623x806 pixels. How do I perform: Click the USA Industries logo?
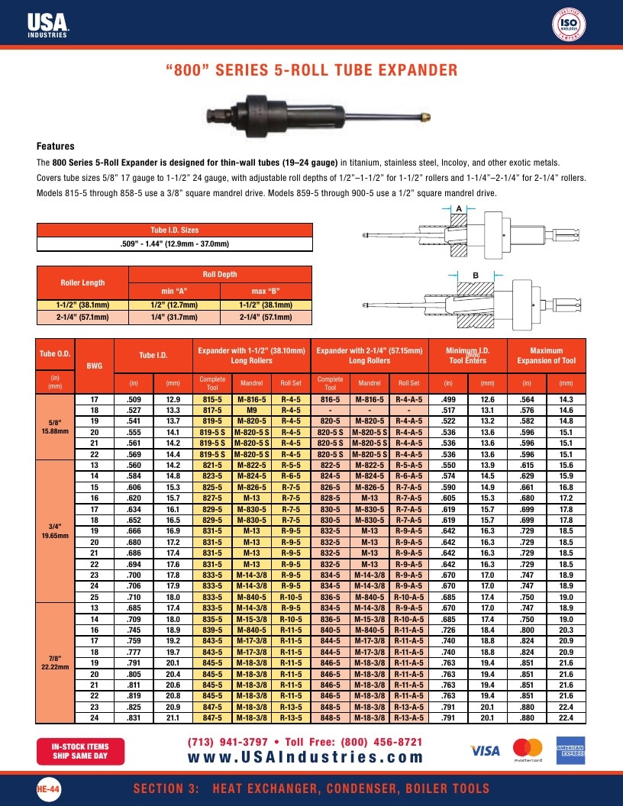point(48,25)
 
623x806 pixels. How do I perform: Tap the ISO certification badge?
point(569,24)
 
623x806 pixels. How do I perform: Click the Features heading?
point(56,146)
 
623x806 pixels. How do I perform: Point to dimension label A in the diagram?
point(459,208)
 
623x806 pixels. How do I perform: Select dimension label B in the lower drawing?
point(476,276)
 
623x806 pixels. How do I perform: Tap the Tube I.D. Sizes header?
point(175,230)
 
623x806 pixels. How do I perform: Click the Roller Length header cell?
point(82,282)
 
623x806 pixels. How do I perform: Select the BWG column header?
point(95,366)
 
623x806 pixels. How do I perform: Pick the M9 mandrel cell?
point(251,410)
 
